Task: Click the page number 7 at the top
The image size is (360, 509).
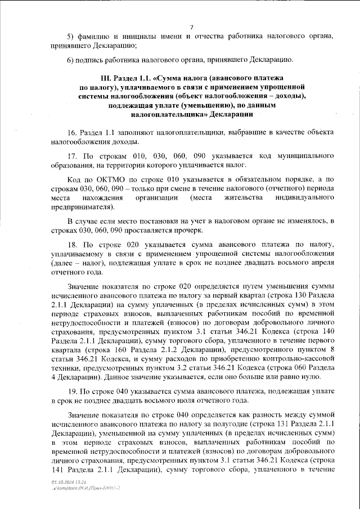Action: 192,26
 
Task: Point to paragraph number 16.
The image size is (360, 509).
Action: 71,132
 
